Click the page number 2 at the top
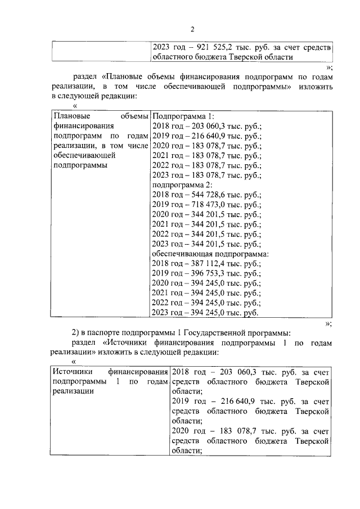pyautogui.click(x=192, y=29)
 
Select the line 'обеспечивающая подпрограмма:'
pyautogui.click(x=210, y=253)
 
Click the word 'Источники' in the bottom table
pyautogui.click(x=69, y=372)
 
